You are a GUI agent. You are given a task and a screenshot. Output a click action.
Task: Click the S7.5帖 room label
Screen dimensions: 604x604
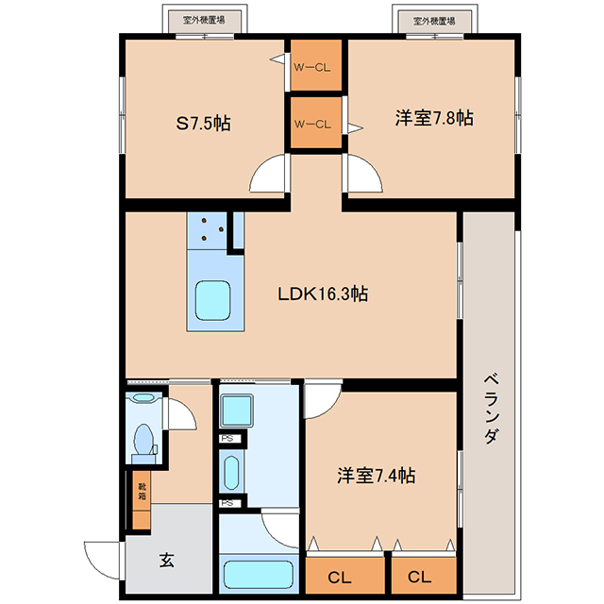204,124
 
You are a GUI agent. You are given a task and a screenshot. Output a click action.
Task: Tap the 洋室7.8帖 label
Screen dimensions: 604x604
434,117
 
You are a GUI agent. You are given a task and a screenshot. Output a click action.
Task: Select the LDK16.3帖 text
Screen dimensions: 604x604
323,294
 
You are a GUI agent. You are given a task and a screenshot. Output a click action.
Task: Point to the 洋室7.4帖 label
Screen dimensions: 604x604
377,476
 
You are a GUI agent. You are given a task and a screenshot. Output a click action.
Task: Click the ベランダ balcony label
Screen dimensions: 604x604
492,409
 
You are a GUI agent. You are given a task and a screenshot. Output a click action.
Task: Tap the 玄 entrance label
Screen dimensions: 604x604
167,560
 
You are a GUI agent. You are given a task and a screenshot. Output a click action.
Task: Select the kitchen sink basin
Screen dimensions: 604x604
212,300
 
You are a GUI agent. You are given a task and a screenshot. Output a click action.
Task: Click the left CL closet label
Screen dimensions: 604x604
340,578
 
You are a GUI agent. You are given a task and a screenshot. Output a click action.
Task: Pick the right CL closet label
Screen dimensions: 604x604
419,577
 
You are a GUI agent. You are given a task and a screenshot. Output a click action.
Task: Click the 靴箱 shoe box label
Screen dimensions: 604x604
142,491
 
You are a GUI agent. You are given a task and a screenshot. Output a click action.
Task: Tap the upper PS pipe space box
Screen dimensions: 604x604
230,439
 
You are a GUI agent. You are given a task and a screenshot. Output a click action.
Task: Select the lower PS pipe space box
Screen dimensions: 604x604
230,503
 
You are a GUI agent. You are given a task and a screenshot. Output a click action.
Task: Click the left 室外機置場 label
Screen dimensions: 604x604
204,20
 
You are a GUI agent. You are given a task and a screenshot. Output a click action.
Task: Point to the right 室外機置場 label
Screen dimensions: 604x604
434,21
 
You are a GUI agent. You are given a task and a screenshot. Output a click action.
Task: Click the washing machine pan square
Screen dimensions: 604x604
237,411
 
